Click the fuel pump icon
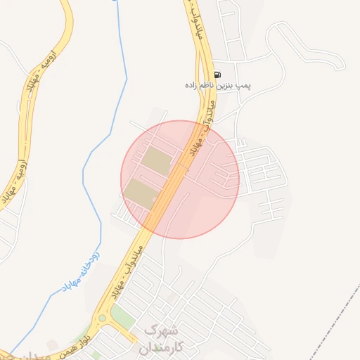point(218,75)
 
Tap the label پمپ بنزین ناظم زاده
point(218,85)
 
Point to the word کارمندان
point(161,347)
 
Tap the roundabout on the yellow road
point(102,319)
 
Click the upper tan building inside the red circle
point(156,160)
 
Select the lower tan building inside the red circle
point(141,193)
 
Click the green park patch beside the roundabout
point(124,316)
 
